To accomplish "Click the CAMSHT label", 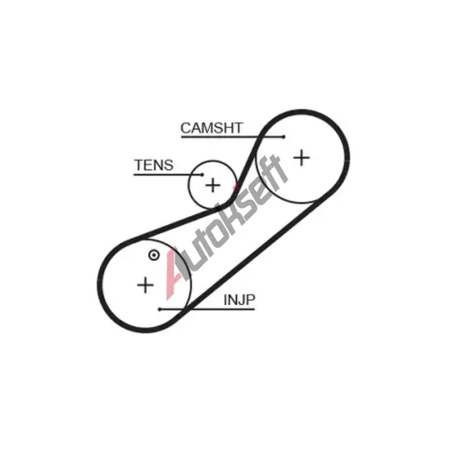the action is click(x=212, y=128).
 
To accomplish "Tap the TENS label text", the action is click(x=153, y=165).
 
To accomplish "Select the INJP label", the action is click(x=240, y=300).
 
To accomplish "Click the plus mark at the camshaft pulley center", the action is click(x=301, y=158).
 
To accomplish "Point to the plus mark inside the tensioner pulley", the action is click(x=213, y=185).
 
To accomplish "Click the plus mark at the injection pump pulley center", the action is click(x=145, y=285).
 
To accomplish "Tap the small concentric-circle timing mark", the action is click(x=153, y=255).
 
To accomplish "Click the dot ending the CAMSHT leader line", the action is click(x=283, y=137).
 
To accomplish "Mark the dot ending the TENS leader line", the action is click(x=202, y=174).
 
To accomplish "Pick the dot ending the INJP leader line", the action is click(x=160, y=310).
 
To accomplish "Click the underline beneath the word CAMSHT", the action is click(x=232, y=137).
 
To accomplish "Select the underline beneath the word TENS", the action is click(x=168, y=174).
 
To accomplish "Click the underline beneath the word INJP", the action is click(x=207, y=310).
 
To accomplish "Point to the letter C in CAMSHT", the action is click(x=186, y=128).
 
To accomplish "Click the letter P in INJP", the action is click(x=251, y=300).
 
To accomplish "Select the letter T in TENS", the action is click(x=139, y=165).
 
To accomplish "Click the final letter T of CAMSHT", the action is click(x=238, y=128).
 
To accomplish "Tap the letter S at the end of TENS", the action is click(x=169, y=165).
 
